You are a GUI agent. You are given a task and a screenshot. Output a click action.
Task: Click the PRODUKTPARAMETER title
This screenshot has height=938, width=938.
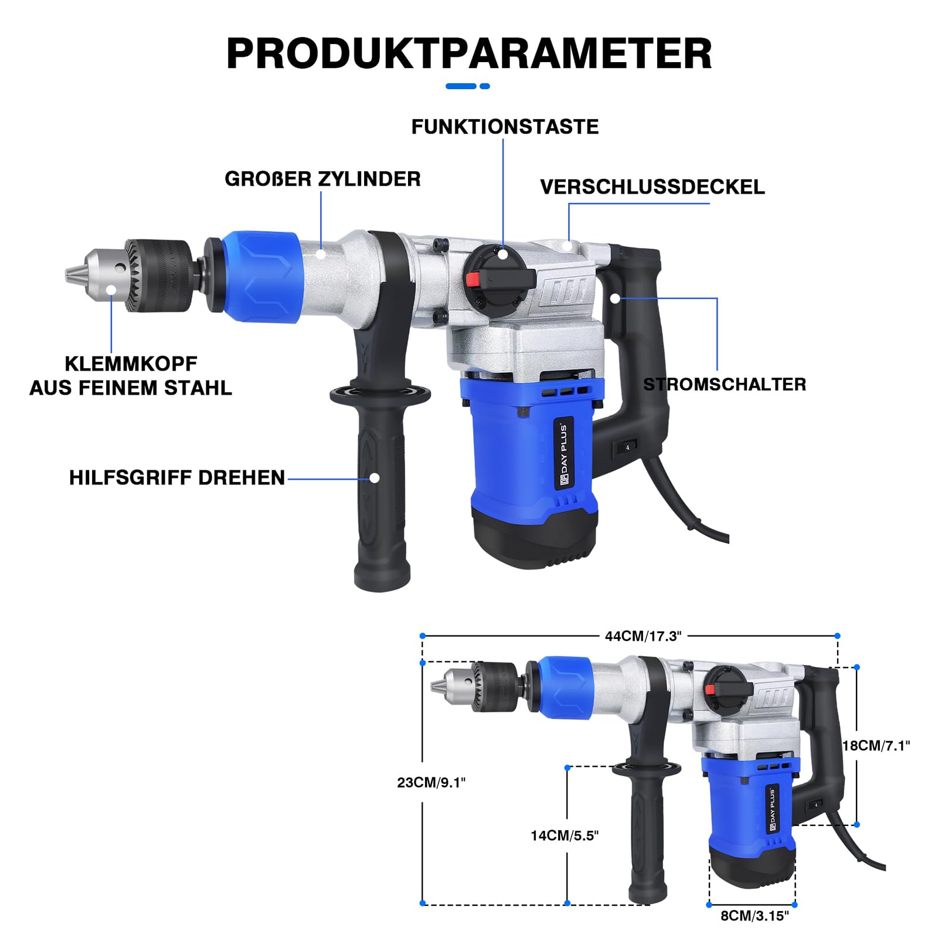click(469, 53)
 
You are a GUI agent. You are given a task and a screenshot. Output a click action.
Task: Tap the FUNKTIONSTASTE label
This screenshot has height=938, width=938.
click(505, 127)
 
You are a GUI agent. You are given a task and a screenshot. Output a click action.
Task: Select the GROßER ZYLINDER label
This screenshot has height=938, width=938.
click(322, 179)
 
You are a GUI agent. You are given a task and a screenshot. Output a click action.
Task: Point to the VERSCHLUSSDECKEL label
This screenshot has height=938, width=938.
click(652, 187)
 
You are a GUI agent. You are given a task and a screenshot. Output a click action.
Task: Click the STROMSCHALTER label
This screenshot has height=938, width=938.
click(725, 385)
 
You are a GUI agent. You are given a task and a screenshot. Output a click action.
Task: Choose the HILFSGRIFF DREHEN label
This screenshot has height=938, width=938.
click(177, 478)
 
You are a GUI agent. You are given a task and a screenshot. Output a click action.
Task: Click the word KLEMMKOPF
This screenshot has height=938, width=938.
click(131, 363)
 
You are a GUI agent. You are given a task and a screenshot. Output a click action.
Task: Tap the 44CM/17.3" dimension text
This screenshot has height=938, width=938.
click(643, 636)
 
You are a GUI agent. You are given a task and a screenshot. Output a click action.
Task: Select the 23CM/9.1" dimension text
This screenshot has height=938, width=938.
click(431, 783)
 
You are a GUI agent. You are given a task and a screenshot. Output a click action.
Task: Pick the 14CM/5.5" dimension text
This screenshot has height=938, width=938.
click(565, 835)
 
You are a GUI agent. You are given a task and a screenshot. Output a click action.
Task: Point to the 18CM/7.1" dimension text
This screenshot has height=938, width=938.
click(876, 746)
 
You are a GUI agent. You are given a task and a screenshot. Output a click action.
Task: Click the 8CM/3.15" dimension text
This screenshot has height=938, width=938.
click(755, 916)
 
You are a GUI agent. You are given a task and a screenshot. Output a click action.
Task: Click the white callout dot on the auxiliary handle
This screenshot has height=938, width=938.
click(374, 478)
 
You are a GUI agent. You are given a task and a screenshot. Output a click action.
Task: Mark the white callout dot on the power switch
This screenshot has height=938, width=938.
click(614, 298)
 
